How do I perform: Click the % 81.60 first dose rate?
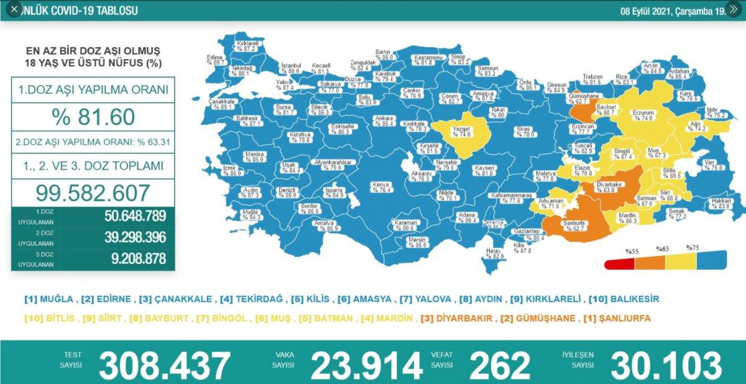tap(92, 117)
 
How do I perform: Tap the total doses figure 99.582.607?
tap(92, 192)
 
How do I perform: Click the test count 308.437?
tap(165, 366)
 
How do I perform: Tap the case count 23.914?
tap(367, 366)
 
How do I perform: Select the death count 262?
tap(500, 366)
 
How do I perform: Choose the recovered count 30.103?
tap(666, 366)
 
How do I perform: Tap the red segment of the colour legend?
tap(619, 263)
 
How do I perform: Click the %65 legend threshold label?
tap(663, 249)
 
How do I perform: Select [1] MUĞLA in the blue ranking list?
tap(50, 299)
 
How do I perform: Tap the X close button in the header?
tap(14, 9)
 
